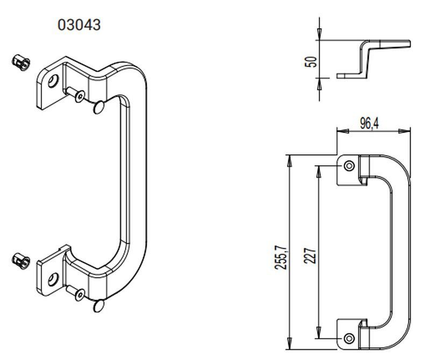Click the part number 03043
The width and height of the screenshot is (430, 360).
[79, 25]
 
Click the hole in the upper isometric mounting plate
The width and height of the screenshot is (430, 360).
[53, 82]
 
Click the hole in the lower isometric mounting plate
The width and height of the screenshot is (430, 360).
[53, 279]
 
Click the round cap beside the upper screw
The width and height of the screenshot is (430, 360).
[99, 107]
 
